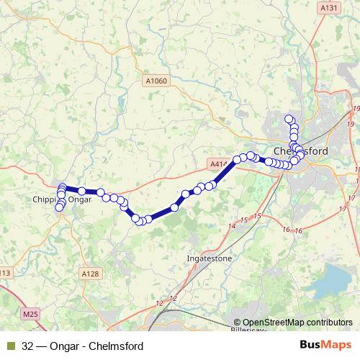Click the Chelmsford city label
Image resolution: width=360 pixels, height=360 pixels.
[x=301, y=151]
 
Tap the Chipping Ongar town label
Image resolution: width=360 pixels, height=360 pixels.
[x=63, y=199]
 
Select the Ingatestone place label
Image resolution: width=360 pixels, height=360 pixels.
[x=207, y=256]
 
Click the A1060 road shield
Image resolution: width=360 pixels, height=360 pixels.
[x=156, y=81]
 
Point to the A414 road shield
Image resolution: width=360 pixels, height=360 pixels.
[x=219, y=164]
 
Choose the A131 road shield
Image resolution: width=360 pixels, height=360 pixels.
[x=328, y=8]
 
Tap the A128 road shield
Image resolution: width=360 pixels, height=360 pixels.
[x=90, y=274]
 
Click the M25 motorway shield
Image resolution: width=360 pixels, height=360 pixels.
[x=30, y=314]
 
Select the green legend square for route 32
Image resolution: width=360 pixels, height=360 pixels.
[x=9, y=346]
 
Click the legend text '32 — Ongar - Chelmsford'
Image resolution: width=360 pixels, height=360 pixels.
[x=82, y=346]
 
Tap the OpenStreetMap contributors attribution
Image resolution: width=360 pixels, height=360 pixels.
[x=293, y=323]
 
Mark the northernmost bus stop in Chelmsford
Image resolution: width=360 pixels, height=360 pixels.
[x=289, y=119]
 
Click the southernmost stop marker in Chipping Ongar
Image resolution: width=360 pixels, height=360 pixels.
[x=59, y=208]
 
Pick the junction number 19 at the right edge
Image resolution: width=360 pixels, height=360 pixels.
[x=356, y=108]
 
